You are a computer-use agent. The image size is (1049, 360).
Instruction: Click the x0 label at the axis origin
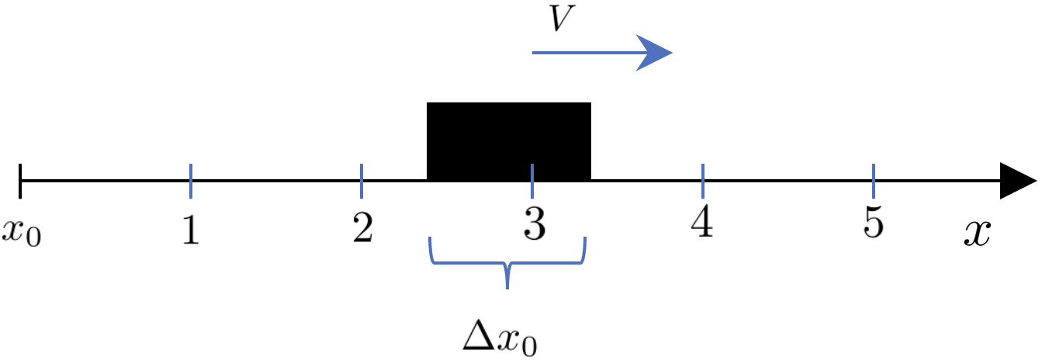(21, 230)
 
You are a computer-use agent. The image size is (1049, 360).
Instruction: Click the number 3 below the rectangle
(532, 226)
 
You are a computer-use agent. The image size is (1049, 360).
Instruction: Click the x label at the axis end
(978, 232)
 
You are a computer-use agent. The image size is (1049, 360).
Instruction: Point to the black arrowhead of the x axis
(1018, 181)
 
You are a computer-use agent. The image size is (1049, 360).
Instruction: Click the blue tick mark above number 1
(191, 181)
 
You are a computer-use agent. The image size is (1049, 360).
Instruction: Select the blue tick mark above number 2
(362, 181)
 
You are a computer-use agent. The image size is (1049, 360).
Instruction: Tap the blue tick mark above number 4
(703, 181)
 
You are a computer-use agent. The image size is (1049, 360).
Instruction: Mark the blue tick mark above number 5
(874, 181)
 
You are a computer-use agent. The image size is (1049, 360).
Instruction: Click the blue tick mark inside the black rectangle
(532, 181)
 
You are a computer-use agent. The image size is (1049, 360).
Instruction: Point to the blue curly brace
(507, 264)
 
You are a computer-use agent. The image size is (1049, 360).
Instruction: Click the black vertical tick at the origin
(21, 181)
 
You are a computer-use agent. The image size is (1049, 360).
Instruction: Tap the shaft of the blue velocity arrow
(582, 53)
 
